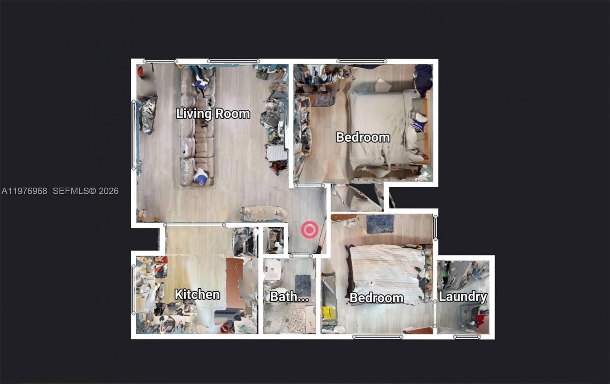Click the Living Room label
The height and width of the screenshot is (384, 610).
pos(213,114)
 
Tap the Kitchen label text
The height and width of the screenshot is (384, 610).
pos(197,294)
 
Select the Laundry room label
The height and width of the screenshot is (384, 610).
pos(463,297)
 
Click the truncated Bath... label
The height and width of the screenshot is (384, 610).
pos(289,297)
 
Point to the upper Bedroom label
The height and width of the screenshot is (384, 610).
pos(363,137)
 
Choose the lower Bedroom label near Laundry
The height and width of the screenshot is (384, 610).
pos(376,298)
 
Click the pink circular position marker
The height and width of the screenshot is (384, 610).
pos(310,230)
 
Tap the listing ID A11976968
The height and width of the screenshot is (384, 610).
pos(24,191)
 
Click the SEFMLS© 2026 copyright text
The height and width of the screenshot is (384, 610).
pos(85,191)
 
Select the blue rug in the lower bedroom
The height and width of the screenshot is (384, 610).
pos(380,224)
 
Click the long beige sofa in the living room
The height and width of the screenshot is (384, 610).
pos(197,127)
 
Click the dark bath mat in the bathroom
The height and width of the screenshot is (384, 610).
pos(303,286)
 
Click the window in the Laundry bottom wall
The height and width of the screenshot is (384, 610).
pos(467,337)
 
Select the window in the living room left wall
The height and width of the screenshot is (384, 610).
pos(133,135)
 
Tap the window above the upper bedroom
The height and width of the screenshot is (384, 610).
pos(362,61)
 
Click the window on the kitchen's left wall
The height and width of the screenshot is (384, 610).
pos(133,290)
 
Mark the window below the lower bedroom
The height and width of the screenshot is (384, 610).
pos(377,337)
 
